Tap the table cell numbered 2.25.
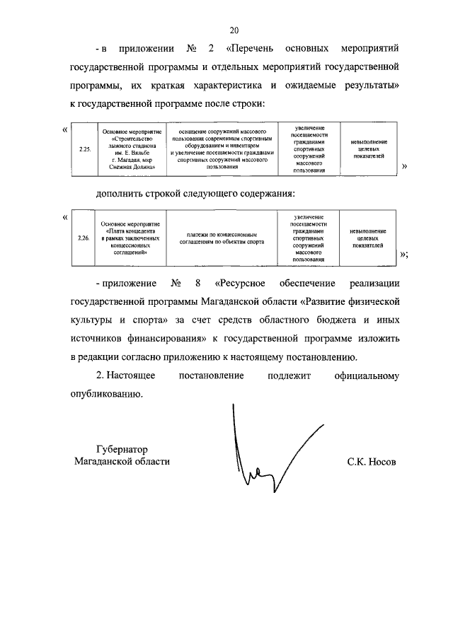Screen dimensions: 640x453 (84, 150)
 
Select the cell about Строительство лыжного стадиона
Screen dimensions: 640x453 (132, 150)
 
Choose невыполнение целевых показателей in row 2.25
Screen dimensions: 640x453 (368, 150)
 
